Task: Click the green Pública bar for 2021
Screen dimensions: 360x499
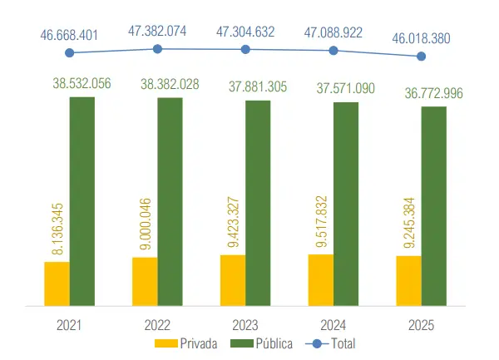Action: [82, 201]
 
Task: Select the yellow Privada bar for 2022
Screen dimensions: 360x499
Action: [145, 282]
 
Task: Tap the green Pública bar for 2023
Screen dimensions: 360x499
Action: [258, 203]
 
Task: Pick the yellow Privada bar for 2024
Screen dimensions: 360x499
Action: [321, 280]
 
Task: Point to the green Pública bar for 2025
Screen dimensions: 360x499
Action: [434, 206]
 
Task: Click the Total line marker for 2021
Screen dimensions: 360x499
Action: [70, 53]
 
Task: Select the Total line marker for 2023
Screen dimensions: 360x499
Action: [245, 49]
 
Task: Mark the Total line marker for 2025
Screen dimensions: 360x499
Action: [422, 57]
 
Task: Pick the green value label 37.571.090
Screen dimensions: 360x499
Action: [346, 88]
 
